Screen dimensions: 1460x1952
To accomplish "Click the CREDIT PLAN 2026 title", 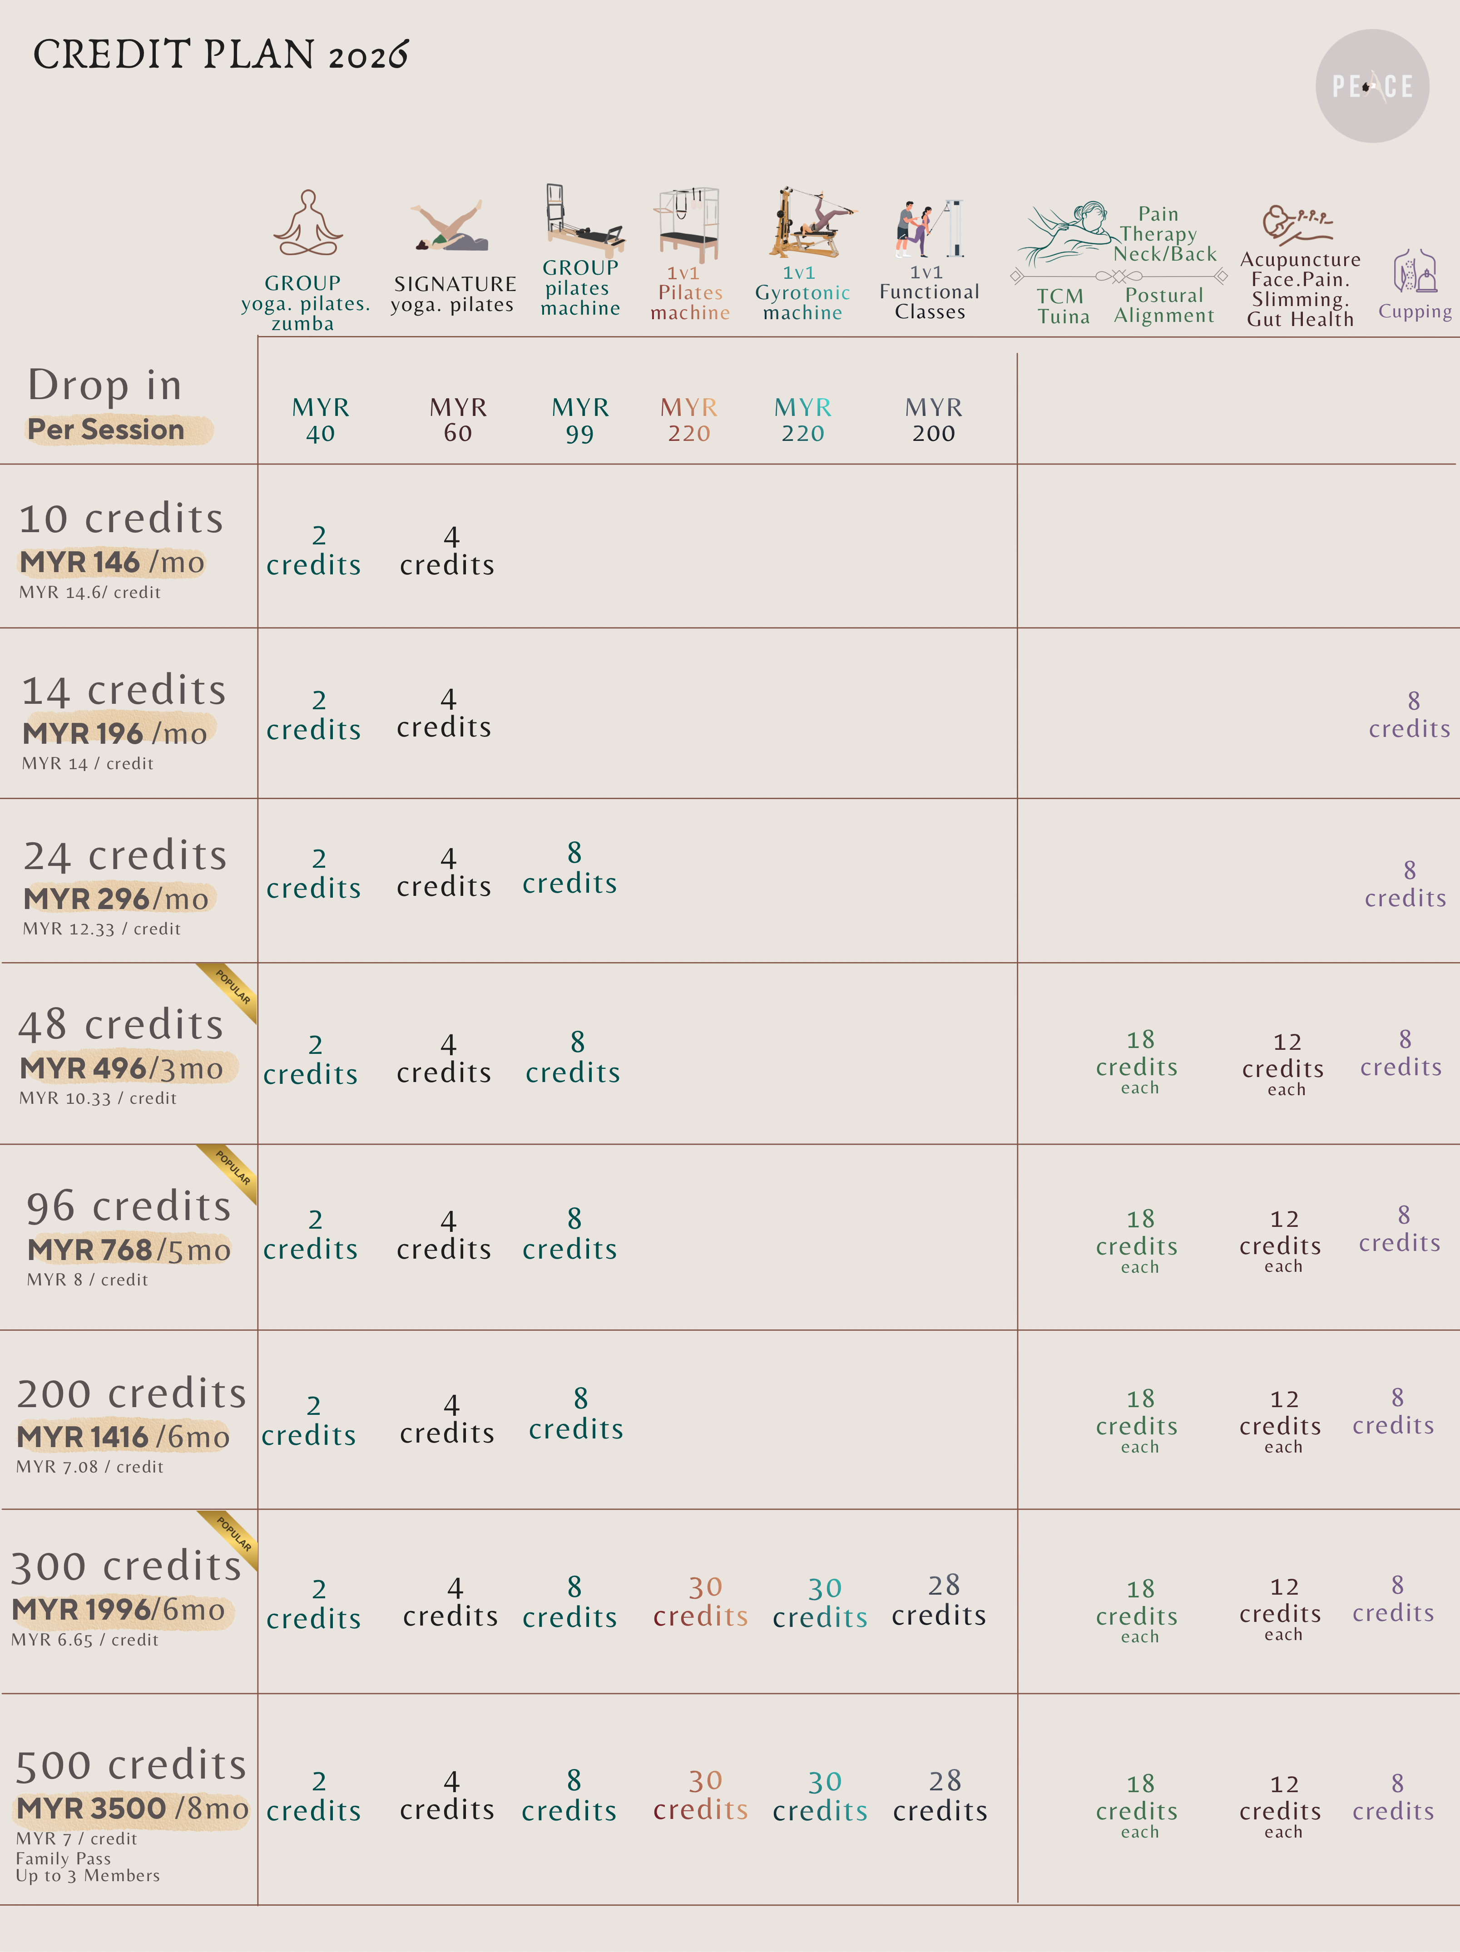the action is pyautogui.click(x=221, y=54).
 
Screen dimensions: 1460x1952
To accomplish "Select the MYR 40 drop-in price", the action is pyautogui.click(x=321, y=420).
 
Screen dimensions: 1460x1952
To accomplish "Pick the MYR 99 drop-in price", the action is pyautogui.click(x=580, y=420).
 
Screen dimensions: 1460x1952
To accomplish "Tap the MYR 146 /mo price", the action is pyautogui.click(x=112, y=562).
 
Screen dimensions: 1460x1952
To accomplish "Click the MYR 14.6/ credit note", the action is pyautogui.click(x=90, y=592).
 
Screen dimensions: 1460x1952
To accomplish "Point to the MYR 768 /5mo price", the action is pyautogui.click(x=129, y=1250).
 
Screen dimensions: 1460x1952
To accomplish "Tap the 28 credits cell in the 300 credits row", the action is pyautogui.click(x=939, y=1601).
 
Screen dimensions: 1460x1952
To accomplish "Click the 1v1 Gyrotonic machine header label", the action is pyautogui.click(x=802, y=293).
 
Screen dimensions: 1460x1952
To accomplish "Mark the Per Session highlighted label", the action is pyautogui.click(x=106, y=430).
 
